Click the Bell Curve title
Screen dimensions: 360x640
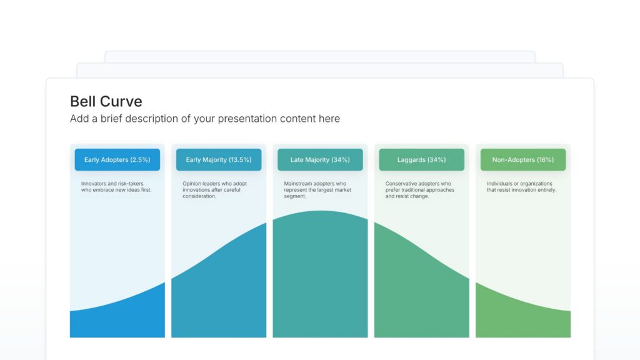(x=106, y=102)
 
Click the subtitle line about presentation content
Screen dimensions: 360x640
(x=205, y=119)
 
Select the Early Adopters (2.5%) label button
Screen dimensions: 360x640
(x=117, y=160)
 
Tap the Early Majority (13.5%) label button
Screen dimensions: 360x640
(x=219, y=160)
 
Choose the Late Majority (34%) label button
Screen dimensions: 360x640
(x=320, y=160)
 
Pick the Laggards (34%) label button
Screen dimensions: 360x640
(x=421, y=160)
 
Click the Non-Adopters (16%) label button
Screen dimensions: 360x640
(x=522, y=160)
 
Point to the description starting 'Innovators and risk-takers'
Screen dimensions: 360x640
(x=116, y=187)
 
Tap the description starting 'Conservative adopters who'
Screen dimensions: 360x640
(x=419, y=190)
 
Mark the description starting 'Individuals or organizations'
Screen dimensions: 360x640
(x=521, y=187)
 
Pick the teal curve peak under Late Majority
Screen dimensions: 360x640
(x=320, y=275)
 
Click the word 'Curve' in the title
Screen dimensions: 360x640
(x=124, y=102)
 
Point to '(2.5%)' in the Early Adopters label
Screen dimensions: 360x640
(x=140, y=160)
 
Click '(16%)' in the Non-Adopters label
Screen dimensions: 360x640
(x=544, y=160)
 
